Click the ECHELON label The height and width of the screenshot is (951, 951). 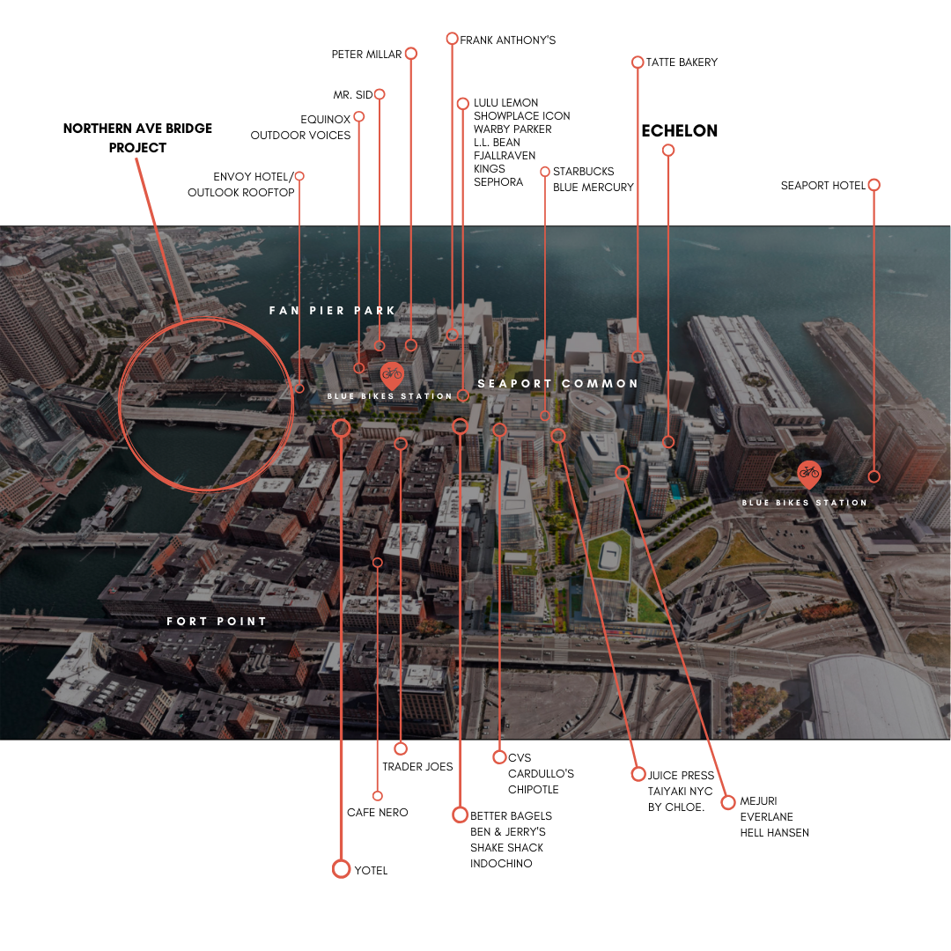679,131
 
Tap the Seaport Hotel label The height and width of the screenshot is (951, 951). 823,186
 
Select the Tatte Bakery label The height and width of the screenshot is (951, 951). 682,63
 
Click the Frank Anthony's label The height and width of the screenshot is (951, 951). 507,41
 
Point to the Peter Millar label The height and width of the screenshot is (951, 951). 366,55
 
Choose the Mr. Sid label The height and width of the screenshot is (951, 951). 353,94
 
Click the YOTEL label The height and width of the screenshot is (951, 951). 371,870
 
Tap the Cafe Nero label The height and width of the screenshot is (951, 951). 378,812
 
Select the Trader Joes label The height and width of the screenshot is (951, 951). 417,767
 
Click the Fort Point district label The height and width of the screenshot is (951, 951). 217,622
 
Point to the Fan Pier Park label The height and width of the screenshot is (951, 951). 333,311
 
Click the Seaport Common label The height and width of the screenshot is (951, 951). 557,384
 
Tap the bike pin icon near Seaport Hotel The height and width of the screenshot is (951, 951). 808,474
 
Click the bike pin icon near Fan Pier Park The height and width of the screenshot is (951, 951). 392,374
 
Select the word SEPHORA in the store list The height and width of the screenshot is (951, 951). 498,182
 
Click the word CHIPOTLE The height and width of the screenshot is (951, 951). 534,789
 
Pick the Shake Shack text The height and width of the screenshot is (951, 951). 506,847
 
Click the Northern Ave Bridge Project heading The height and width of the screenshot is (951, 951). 137,138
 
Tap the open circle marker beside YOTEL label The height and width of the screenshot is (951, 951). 341,869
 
